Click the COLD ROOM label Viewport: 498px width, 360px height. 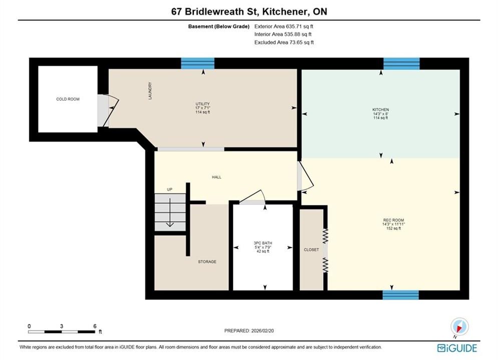68,99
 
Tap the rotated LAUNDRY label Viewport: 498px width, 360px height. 150,90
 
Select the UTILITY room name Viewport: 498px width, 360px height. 203,103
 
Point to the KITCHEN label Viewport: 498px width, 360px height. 380,109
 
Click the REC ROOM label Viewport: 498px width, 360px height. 393,220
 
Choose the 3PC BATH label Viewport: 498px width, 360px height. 263,243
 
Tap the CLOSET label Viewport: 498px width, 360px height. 311,249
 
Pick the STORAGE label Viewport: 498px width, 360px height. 207,261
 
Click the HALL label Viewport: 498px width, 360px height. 217,177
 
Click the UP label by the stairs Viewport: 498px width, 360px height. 170,189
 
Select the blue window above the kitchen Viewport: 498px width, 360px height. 401,63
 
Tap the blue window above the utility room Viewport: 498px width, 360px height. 198,63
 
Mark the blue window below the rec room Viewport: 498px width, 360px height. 400,294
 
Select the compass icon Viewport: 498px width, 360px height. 459,326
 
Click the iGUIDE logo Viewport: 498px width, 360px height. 457,348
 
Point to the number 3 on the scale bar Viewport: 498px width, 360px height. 62,326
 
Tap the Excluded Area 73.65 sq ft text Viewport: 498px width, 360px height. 284,42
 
